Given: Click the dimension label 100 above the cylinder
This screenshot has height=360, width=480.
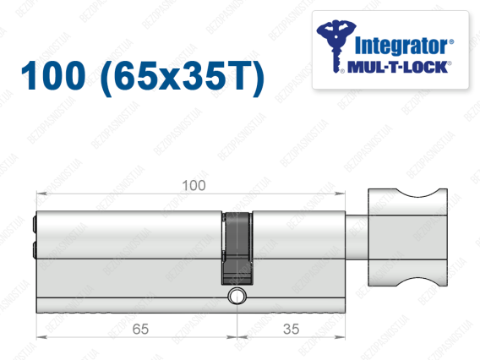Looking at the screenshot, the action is pos(194,185).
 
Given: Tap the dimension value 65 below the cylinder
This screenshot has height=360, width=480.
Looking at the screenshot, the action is pos(140,329).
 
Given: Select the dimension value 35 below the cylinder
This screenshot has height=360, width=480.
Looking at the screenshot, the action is pos(291,329).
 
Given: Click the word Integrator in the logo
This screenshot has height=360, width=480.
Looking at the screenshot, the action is pos(404,46).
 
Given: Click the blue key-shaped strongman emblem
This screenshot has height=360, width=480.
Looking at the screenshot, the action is pos(335,46).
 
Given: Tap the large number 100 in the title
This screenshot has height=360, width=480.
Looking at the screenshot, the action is pos(53,75).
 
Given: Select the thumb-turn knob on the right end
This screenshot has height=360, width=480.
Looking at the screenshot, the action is pos(407,237).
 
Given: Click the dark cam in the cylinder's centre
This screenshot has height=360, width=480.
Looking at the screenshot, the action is pos(237,248).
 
